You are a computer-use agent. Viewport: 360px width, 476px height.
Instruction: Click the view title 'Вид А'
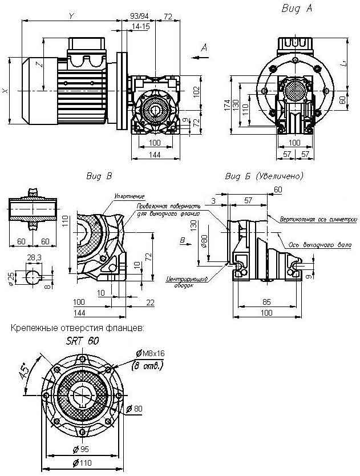pyautogui.click(x=297, y=9)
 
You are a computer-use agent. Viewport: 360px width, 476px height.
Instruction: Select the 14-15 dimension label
pyautogui.click(x=140, y=27)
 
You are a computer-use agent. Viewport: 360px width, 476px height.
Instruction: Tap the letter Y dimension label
pyautogui.click(x=71, y=16)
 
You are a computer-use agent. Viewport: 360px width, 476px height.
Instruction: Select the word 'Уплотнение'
pyautogui.click(x=128, y=196)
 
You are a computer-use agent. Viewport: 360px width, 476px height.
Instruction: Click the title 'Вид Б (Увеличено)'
pyautogui.click(x=265, y=176)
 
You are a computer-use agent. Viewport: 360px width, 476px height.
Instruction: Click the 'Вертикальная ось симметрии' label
pyautogui.click(x=315, y=219)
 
